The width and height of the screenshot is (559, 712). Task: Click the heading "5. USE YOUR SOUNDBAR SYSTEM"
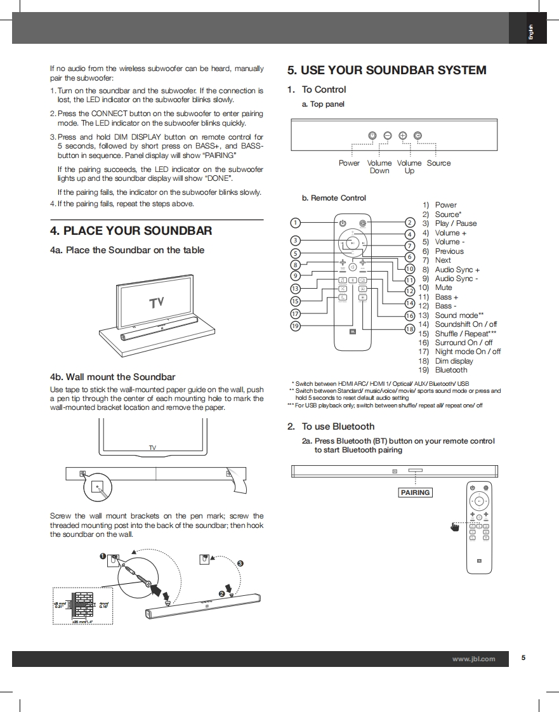pyautogui.click(x=386, y=70)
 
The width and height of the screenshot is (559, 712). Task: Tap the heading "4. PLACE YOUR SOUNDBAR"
pyautogui.click(x=131, y=230)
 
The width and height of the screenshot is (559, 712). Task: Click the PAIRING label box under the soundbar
pyautogui.click(x=416, y=492)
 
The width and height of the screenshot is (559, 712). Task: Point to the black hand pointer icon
pyautogui.click(x=454, y=526)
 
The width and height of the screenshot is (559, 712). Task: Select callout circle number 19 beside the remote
pyautogui.click(x=295, y=326)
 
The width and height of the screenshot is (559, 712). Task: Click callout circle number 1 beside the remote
pyautogui.click(x=295, y=223)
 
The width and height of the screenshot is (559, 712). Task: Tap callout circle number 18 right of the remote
pyautogui.click(x=409, y=329)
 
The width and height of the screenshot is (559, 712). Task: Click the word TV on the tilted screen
pyautogui.click(x=157, y=303)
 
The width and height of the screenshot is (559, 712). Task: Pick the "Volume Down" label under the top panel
pyautogui.click(x=379, y=167)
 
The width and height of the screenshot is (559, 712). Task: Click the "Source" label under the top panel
pyautogui.click(x=438, y=163)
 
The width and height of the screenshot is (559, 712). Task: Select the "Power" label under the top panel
pyautogui.click(x=349, y=163)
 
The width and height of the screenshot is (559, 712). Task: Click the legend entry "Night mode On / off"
pyautogui.click(x=467, y=352)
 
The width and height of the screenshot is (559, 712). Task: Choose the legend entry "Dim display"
pyautogui.click(x=454, y=361)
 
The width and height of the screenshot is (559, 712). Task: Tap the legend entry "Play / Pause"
pyautogui.click(x=456, y=223)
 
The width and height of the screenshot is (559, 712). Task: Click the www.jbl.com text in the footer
pyautogui.click(x=473, y=659)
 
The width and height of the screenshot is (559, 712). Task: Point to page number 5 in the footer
pyautogui.click(x=523, y=658)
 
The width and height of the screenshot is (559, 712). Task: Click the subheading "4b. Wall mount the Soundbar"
pyautogui.click(x=112, y=377)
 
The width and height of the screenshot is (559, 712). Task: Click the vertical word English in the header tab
pyautogui.click(x=531, y=30)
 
